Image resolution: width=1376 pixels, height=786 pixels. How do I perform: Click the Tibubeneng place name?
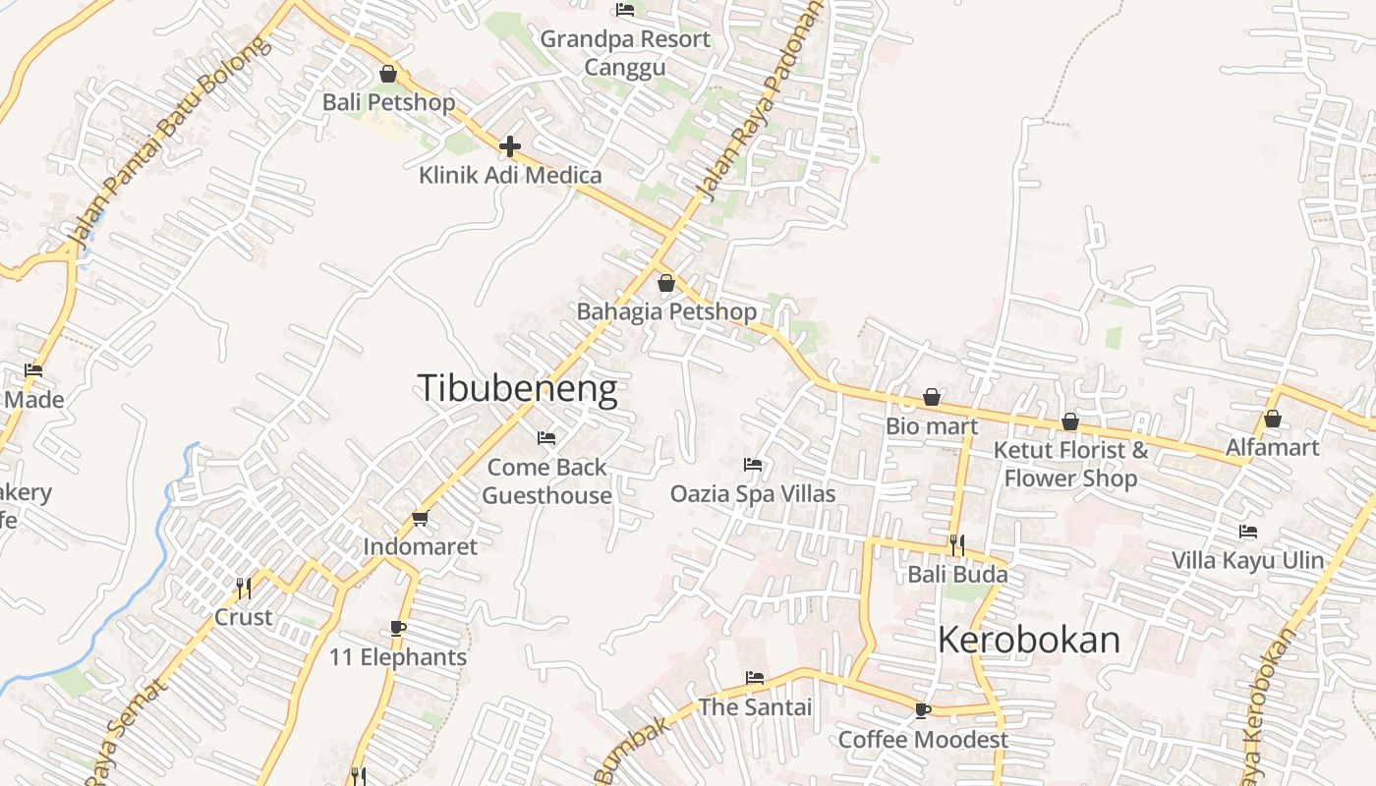(x=518, y=388)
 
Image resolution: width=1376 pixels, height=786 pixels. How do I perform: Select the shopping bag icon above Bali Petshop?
(x=388, y=74)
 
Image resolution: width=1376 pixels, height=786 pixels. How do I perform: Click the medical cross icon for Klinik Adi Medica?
(x=509, y=146)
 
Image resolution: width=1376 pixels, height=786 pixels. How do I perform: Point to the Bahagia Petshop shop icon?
(x=666, y=283)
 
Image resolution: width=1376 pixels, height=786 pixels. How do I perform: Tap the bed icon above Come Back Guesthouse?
(x=546, y=437)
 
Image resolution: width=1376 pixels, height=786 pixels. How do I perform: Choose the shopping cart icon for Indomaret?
(x=421, y=518)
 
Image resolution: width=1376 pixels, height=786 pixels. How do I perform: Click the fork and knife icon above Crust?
(x=243, y=588)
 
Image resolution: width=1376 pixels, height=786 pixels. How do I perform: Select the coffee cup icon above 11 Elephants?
(x=397, y=628)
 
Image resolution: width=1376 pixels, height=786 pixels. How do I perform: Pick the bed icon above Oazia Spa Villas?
(x=753, y=464)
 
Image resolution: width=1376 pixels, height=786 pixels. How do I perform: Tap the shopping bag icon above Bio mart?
(x=931, y=398)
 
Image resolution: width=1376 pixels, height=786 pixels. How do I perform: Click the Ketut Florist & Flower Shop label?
(x=1070, y=464)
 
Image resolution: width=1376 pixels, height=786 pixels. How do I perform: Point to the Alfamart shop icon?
(x=1273, y=419)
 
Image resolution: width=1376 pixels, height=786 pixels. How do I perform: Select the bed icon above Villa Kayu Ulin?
(x=1248, y=532)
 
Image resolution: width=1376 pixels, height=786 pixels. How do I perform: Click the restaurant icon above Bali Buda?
(x=957, y=543)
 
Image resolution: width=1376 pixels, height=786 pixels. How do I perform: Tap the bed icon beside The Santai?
(x=755, y=677)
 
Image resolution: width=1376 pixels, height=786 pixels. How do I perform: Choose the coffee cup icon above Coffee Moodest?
(x=922, y=709)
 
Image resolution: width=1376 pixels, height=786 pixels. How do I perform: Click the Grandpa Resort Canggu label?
(x=625, y=53)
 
